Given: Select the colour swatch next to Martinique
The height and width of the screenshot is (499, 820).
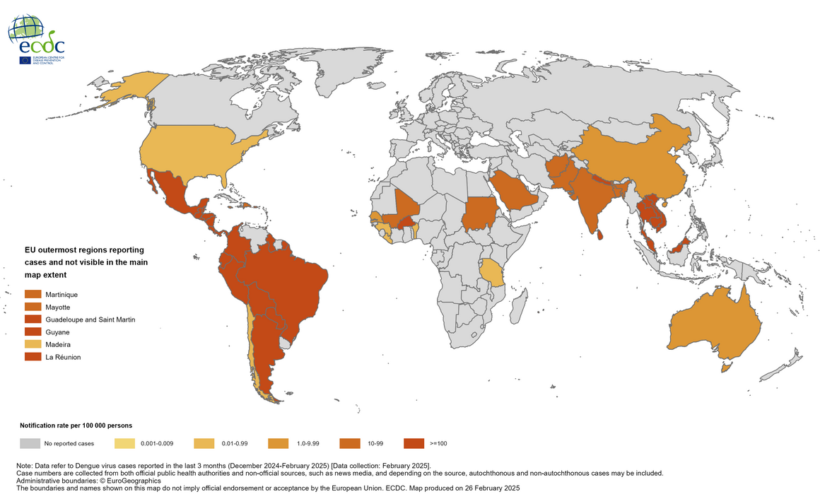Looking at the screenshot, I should click(x=33, y=293).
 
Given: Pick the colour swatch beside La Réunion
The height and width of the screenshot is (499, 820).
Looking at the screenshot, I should click(x=33, y=357).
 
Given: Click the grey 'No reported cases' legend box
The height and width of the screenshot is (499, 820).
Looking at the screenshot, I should click(x=29, y=443).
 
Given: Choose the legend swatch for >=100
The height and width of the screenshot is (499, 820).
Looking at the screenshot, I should click(x=414, y=443).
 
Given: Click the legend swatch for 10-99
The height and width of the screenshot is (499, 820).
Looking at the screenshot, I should click(x=349, y=443).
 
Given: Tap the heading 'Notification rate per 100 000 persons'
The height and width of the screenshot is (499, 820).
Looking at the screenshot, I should click(x=76, y=425).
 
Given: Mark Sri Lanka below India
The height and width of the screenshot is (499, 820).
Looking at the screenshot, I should click(x=600, y=234).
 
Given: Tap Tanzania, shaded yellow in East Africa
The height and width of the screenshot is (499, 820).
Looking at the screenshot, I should click(x=491, y=272).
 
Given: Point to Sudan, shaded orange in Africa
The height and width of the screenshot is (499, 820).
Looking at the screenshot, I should click(x=480, y=212).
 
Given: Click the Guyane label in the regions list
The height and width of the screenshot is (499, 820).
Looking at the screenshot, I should click(x=55, y=331).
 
